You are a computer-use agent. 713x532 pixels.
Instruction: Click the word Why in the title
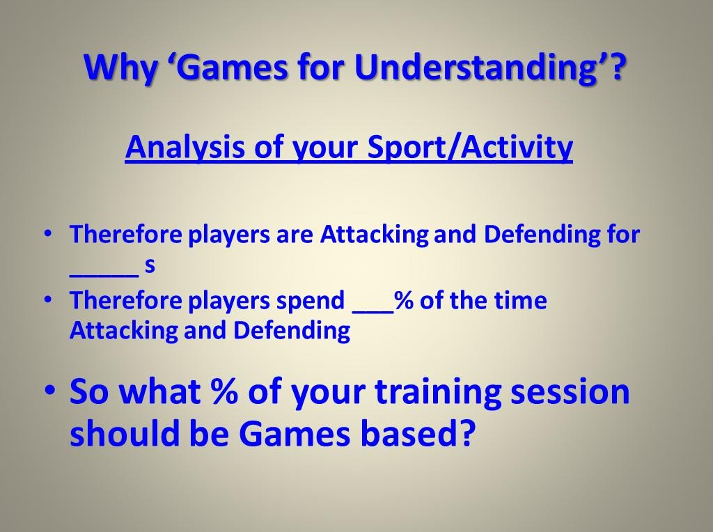tap(120, 68)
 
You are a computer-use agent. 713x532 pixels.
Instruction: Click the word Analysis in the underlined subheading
tap(185, 147)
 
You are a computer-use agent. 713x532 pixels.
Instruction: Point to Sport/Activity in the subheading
tap(470, 147)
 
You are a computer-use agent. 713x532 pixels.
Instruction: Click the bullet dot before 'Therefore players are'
tap(47, 233)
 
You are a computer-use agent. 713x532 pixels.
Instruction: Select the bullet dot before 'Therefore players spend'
tap(47, 299)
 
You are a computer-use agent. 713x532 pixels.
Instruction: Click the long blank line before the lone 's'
tap(104, 275)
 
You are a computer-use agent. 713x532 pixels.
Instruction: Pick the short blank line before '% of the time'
tap(373, 312)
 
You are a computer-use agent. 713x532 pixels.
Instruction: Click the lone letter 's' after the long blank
tap(150, 265)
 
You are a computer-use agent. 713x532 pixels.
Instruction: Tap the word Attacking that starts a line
tap(123, 331)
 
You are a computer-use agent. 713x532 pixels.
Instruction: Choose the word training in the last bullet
tap(438, 393)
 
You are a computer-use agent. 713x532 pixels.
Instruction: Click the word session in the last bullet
tap(570, 391)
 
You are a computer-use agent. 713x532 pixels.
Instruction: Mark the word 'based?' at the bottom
tap(418, 432)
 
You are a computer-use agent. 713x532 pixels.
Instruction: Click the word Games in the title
tap(235, 68)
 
